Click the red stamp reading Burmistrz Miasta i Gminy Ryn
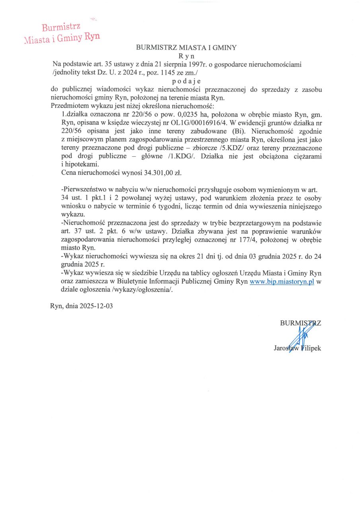pos(62,33)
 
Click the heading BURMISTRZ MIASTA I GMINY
pos(186,47)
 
